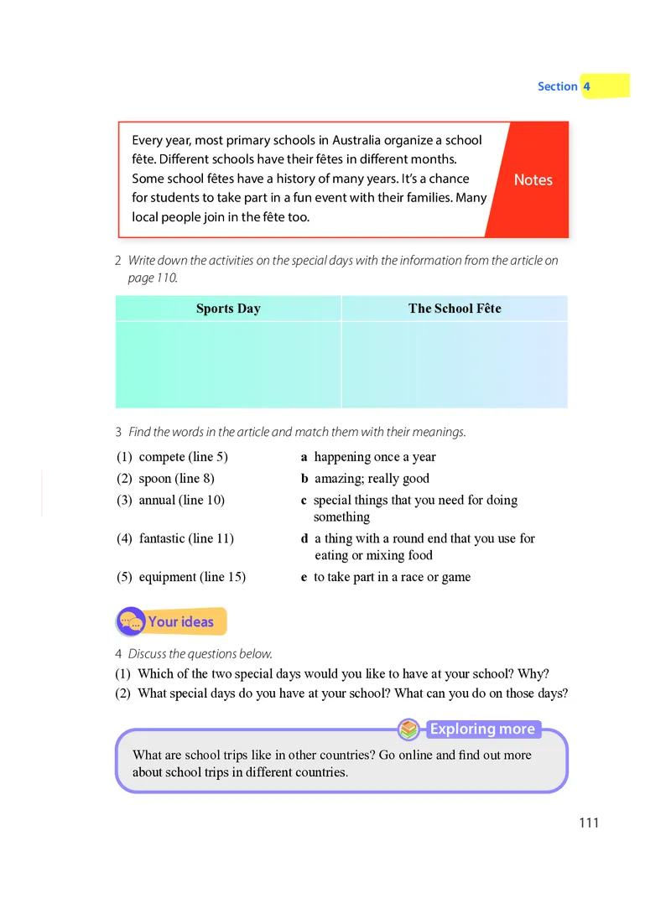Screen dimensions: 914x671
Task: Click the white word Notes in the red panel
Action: [x=533, y=179]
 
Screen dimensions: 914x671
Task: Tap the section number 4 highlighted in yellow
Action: [x=587, y=86]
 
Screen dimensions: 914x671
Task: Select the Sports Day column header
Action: [x=228, y=309]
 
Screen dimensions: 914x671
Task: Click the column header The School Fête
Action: [x=455, y=309]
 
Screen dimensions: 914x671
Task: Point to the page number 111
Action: [x=589, y=823]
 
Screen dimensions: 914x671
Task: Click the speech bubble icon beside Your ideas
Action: [x=130, y=622]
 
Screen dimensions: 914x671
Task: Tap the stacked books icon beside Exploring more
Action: [x=408, y=730]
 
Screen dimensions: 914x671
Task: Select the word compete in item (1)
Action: [x=161, y=457]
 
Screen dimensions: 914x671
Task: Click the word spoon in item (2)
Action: [x=156, y=479]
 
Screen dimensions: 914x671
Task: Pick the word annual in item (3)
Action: [x=158, y=501]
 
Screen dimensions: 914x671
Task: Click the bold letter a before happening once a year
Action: [x=304, y=458]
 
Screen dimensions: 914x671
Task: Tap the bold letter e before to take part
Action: [x=304, y=578]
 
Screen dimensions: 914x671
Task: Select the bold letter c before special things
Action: [x=304, y=501]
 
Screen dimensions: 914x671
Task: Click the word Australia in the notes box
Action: [x=360, y=141]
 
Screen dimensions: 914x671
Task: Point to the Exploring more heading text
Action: [x=482, y=730]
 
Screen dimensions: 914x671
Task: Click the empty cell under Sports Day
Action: [x=228, y=365]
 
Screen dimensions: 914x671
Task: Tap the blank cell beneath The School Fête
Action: [x=455, y=365]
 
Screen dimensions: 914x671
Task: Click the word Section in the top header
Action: [x=557, y=86]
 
